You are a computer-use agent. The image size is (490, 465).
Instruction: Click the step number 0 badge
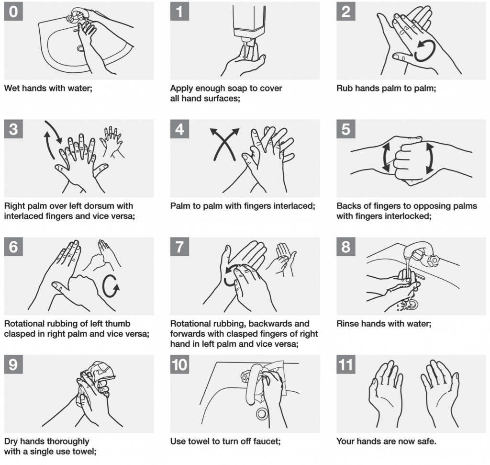13,11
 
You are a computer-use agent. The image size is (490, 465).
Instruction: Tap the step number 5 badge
346,129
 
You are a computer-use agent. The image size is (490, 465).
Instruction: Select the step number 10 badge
180,364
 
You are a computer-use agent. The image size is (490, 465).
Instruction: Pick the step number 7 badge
180,247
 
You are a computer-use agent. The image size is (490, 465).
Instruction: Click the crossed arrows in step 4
224,144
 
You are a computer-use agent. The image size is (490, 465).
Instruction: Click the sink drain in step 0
80,48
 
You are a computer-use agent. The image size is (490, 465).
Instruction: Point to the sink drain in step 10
262,414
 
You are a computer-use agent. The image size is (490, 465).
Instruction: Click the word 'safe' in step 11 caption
426,441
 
